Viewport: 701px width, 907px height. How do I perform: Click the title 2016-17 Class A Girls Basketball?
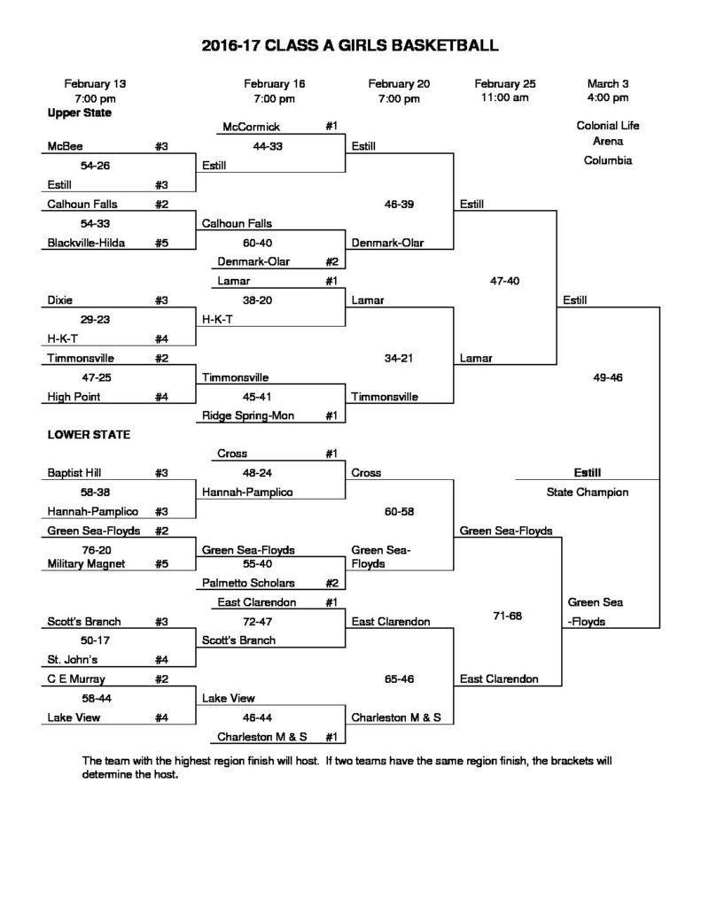tap(350, 46)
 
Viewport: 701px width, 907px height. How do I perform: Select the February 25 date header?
tap(505, 84)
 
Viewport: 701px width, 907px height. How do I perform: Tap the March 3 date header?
tap(608, 84)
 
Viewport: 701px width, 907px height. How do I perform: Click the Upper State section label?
tap(79, 112)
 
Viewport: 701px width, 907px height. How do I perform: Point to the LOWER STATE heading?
tap(89, 434)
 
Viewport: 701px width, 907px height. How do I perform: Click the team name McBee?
tap(65, 146)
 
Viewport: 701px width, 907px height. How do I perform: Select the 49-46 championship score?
tap(608, 377)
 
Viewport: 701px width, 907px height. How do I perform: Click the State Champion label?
tap(588, 492)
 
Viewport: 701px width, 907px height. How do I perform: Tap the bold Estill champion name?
tap(588, 473)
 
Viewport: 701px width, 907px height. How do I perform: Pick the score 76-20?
tap(96, 550)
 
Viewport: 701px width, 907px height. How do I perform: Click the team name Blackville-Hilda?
tap(86, 243)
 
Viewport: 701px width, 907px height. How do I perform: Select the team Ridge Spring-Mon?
tap(248, 415)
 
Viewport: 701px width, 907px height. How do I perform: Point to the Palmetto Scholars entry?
tap(248, 583)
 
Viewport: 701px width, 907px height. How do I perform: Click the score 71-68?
tap(508, 616)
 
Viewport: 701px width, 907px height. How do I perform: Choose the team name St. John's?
tap(73, 660)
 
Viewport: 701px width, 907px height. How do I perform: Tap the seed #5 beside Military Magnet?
tap(161, 564)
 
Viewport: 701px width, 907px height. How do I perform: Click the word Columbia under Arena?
tap(608, 160)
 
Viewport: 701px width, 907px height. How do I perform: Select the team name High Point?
tap(74, 397)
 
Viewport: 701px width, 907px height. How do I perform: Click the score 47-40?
tap(505, 281)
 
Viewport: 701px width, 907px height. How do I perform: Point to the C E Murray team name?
tap(76, 679)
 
